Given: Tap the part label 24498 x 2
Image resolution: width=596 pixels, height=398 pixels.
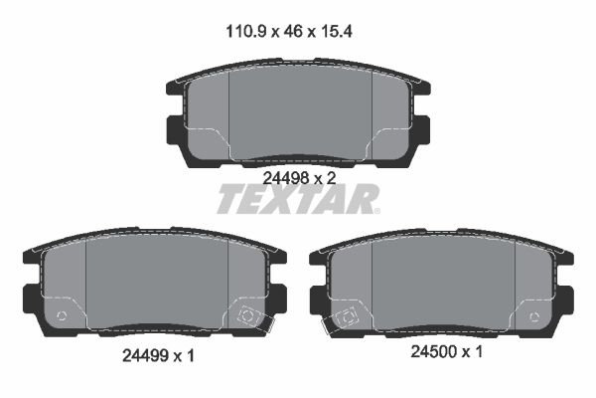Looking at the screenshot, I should [298, 177].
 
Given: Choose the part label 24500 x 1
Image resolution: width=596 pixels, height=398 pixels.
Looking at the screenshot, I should [446, 351].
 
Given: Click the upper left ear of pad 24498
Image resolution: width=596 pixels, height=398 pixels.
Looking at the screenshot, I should [172, 88].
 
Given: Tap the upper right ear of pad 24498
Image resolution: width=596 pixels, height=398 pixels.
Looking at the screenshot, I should [421, 88].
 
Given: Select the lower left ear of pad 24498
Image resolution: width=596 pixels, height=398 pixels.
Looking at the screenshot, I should [175, 128].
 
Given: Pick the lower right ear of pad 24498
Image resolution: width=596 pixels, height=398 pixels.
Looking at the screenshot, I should [420, 128].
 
